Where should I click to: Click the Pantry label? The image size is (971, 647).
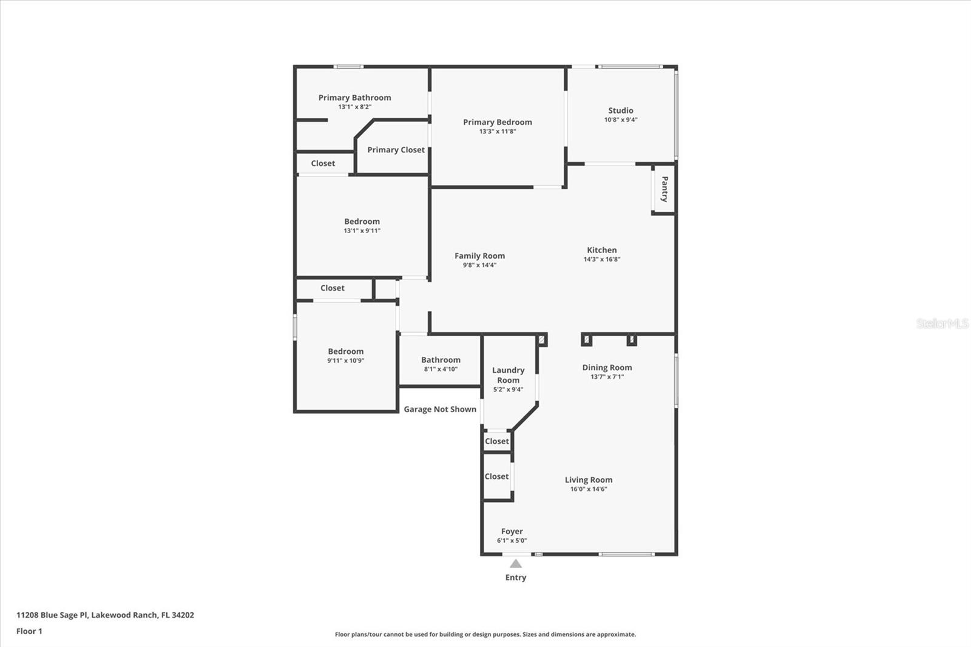(665, 189)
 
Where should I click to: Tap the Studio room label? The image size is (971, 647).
(620, 110)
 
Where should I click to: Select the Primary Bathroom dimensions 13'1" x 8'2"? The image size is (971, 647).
(354, 107)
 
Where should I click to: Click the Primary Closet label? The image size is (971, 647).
(396, 150)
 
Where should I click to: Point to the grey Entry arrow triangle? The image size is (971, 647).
(516, 564)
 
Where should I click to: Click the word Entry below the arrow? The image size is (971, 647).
(516, 577)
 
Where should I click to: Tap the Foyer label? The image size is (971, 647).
(512, 531)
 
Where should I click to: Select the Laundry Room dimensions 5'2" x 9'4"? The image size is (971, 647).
(508, 390)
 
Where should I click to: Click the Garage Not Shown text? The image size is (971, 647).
(440, 409)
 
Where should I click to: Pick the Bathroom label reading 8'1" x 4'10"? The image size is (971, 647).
(441, 360)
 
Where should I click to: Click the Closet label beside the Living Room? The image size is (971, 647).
(496, 476)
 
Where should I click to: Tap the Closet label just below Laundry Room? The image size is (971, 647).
(497, 441)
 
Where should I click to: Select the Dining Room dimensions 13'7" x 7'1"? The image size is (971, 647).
(607, 377)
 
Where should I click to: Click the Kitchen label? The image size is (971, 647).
(601, 250)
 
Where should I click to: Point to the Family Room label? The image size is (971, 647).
(479, 256)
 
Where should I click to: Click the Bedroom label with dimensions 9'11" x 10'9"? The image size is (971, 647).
(346, 351)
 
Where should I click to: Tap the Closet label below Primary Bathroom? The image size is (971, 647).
(323, 163)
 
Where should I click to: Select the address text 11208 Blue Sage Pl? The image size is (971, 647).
(53, 615)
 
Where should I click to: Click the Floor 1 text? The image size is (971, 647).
(29, 631)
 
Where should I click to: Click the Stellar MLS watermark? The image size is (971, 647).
(942, 323)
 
